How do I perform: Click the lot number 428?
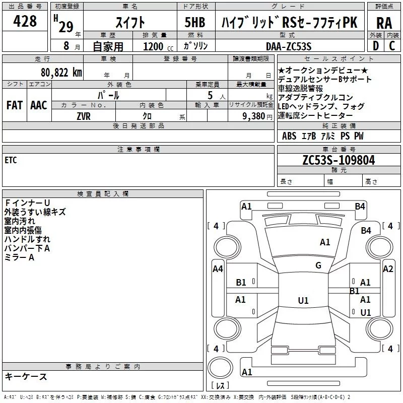pyautogui.click(x=25, y=21)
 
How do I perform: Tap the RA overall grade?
pyautogui.click(x=384, y=23)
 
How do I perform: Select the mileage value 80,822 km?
pyautogui.click(x=61, y=72)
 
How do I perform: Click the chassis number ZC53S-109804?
pyautogui.click(x=339, y=160)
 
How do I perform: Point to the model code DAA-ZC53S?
pyautogui.click(x=289, y=46)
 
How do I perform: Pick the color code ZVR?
pyautogui.click(x=84, y=116)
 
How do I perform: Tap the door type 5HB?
pyautogui.click(x=195, y=22)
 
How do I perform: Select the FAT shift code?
pyautogui.click(x=15, y=105)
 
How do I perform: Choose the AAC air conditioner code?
pyautogui.click(x=39, y=105)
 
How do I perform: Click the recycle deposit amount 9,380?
pyautogui.click(x=254, y=116)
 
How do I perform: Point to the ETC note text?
pyautogui.click(x=11, y=160)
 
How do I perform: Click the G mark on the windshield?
pyautogui.click(x=318, y=265)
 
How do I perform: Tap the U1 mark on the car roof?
pyautogui.click(x=303, y=300)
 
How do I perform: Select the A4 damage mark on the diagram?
pyautogui.click(x=218, y=269)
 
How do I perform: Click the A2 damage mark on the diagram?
pyautogui.click(x=388, y=269)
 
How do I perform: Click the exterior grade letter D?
pyautogui.click(x=376, y=46)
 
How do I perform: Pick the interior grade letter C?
pyautogui.click(x=392, y=46)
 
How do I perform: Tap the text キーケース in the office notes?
pyautogui.click(x=26, y=376)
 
